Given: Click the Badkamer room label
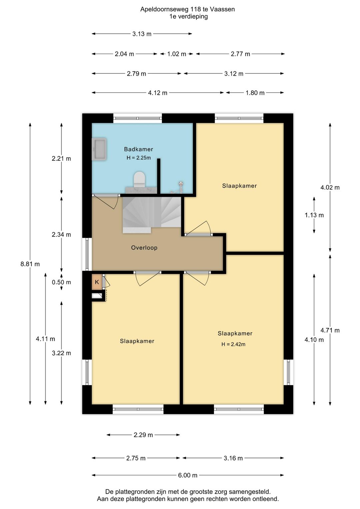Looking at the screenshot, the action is tap(138, 149).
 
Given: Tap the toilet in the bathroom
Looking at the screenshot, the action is tap(139, 179).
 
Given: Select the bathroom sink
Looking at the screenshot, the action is tap(99, 149).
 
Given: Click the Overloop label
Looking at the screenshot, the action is tap(144, 247).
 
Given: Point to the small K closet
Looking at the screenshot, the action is tap(97, 282).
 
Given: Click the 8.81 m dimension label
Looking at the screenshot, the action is tap(30, 264).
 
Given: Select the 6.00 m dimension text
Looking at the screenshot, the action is tap(188, 475).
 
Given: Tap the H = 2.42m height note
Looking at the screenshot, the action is tap(233, 344).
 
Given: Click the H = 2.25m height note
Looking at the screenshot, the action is tap(139, 158).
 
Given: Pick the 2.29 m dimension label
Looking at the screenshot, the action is tap(143, 435).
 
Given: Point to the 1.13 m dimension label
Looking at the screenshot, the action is tap(314, 215).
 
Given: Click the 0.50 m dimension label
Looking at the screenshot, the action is tap(61, 282).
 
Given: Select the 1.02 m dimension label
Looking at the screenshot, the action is tap(177, 54).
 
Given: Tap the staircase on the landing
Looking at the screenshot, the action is tap(152, 215).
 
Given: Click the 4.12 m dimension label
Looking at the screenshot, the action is tap(158, 93).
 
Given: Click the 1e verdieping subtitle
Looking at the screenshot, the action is tap(188, 16).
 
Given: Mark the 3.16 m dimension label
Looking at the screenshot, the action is tap(233, 458).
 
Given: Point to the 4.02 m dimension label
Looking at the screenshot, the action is tap(330, 187).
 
